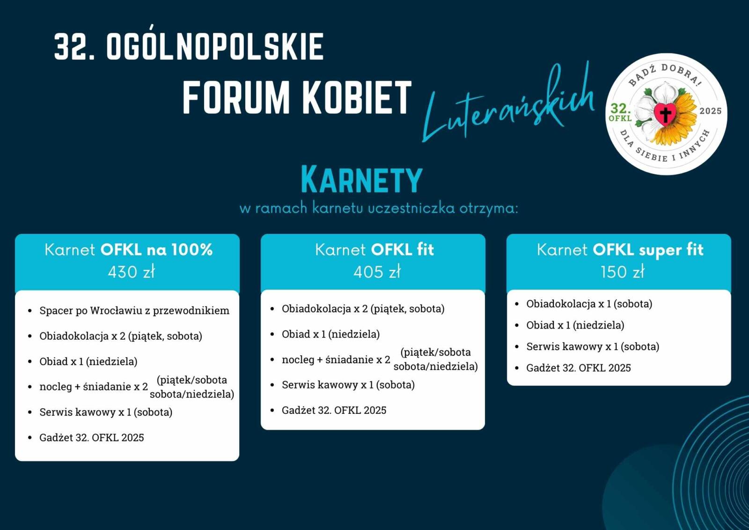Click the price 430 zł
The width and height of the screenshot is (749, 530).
click(x=132, y=271)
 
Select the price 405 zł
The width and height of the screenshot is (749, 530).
click(x=377, y=271)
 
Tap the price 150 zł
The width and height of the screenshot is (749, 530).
click(x=622, y=271)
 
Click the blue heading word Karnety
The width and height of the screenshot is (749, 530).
click(x=362, y=180)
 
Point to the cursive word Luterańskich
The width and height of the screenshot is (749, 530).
click(x=508, y=104)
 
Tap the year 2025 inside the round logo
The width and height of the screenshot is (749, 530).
click(x=711, y=111)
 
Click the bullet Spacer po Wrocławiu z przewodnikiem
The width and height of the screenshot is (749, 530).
click(x=134, y=311)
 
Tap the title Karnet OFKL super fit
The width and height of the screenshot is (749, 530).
click(x=620, y=250)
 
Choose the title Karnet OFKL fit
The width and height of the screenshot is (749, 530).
click(x=374, y=250)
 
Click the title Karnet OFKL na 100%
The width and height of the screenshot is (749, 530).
click(x=129, y=250)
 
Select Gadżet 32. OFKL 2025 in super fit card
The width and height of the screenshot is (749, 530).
click(x=579, y=367)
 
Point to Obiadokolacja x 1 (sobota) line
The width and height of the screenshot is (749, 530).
click(x=589, y=304)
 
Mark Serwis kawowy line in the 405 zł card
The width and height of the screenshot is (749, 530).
click(x=348, y=385)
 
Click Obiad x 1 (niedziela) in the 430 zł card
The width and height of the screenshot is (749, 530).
click(x=88, y=361)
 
